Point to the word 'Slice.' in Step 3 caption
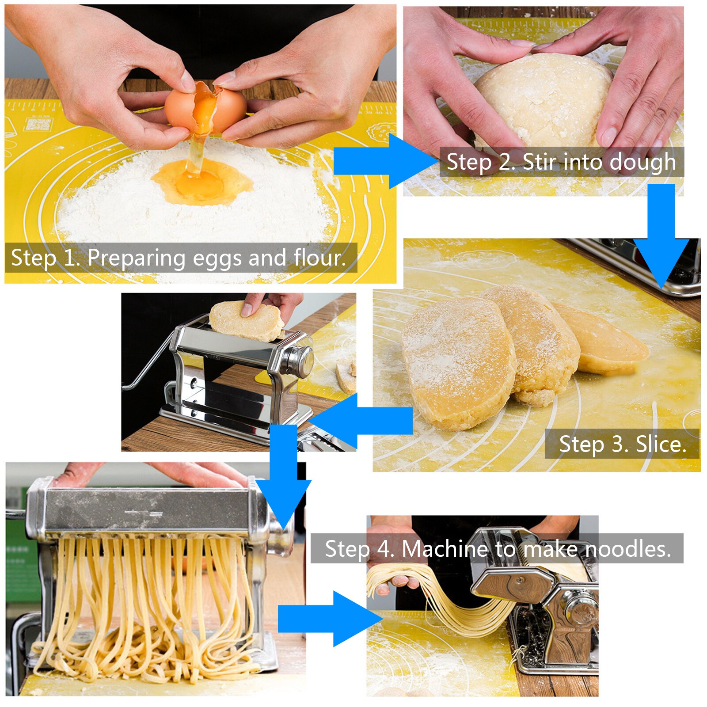point(661,444)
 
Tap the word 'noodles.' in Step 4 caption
point(627,549)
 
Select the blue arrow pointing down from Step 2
point(661,234)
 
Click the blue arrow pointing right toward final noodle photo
point(327,619)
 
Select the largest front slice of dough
point(457,362)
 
